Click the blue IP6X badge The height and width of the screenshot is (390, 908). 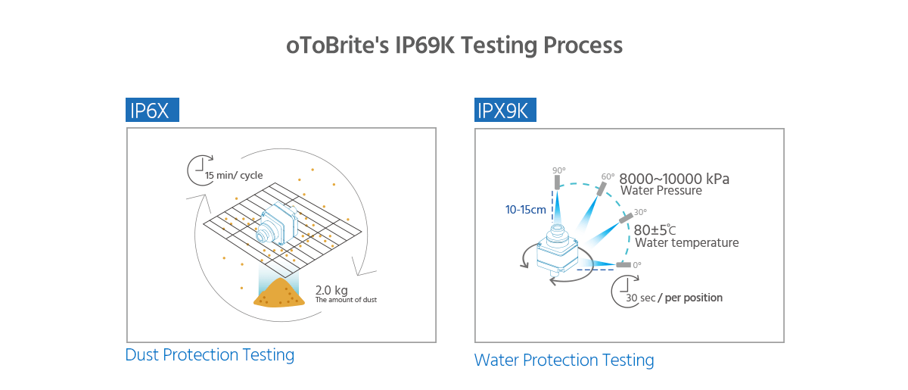pos(152,111)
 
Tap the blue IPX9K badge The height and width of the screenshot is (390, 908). pos(505,111)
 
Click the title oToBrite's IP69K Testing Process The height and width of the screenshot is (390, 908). pos(454,45)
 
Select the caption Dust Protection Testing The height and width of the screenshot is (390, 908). pos(210,354)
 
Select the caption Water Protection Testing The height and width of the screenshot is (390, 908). pos(564,360)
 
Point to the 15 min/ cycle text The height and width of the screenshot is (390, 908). pos(234,176)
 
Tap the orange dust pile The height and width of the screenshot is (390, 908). pos(278,293)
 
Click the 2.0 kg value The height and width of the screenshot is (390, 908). pos(331,290)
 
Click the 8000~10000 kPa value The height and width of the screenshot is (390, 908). pos(674,179)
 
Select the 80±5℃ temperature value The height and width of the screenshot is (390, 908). pos(655,229)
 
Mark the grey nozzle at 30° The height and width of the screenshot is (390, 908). pos(626,218)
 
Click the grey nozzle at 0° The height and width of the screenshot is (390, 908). pos(623,265)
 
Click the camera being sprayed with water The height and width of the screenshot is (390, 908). pos(558,251)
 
